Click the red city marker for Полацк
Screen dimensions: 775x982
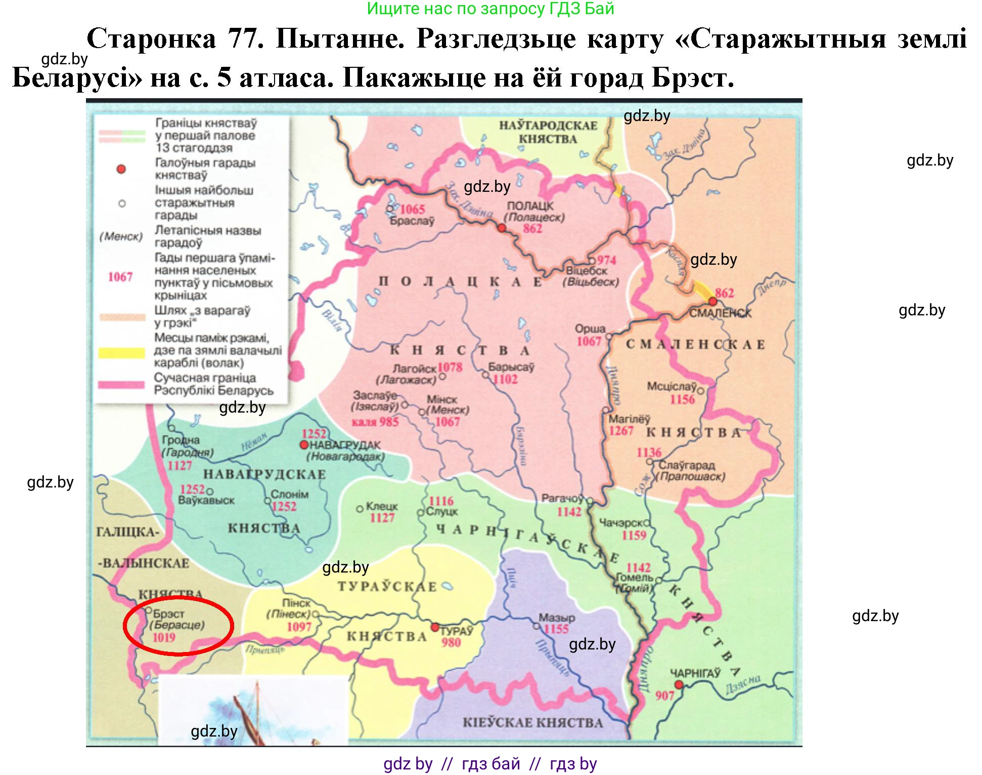coord(501,228)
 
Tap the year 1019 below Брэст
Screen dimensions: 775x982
coord(164,637)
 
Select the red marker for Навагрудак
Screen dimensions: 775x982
coord(304,445)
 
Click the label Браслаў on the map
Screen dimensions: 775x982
coord(412,221)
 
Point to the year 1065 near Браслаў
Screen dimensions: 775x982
coord(412,209)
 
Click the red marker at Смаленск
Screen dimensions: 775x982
coord(713,302)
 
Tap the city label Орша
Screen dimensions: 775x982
coord(590,329)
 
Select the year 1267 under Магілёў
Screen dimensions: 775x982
coord(621,431)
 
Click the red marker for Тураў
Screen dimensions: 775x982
coord(434,627)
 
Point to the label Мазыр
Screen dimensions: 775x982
coord(556,618)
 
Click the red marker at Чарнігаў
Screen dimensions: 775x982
coord(679,685)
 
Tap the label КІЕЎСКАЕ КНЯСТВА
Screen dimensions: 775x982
coord(532,723)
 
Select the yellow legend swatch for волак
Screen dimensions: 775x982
coord(121,353)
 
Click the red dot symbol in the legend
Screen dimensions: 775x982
coord(121,169)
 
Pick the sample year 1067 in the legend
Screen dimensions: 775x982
coord(120,277)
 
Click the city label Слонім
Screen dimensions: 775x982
coord(289,494)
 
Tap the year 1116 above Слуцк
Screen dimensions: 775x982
coord(441,501)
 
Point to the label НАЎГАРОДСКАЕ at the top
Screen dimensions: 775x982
coord(548,126)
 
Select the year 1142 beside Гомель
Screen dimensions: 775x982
coord(638,567)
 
